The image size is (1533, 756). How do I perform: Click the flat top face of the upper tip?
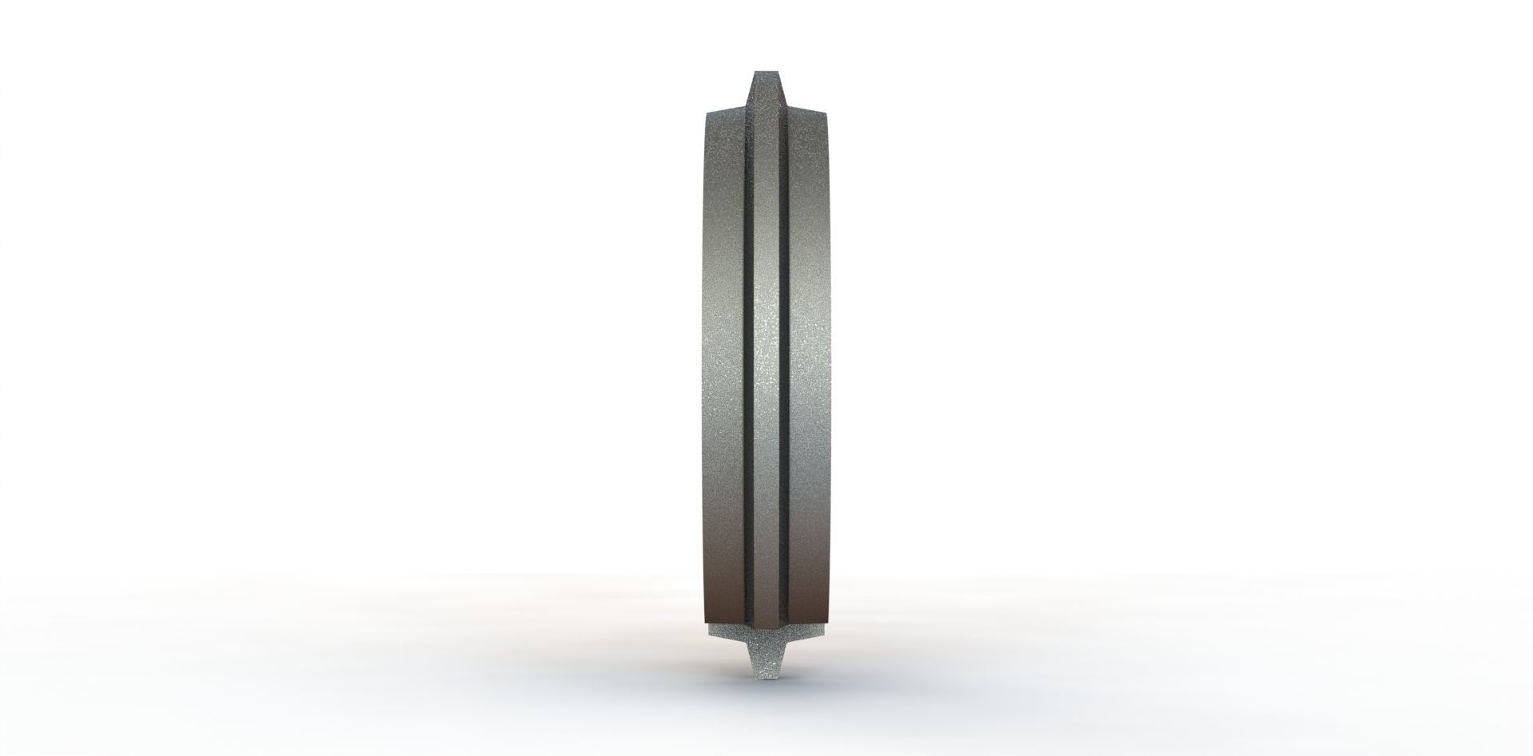pos(766,72)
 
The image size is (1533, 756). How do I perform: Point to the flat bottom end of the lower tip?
pos(766,679)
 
